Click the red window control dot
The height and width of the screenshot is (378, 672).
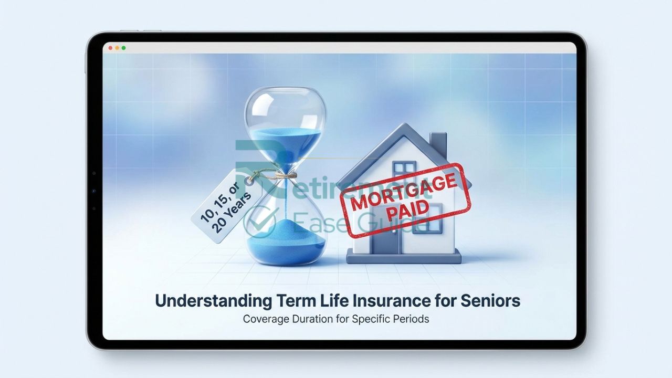coord(111,48)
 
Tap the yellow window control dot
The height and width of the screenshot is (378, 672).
coord(117,48)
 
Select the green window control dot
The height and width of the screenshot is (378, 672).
coord(123,48)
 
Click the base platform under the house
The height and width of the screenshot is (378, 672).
coord(404,257)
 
